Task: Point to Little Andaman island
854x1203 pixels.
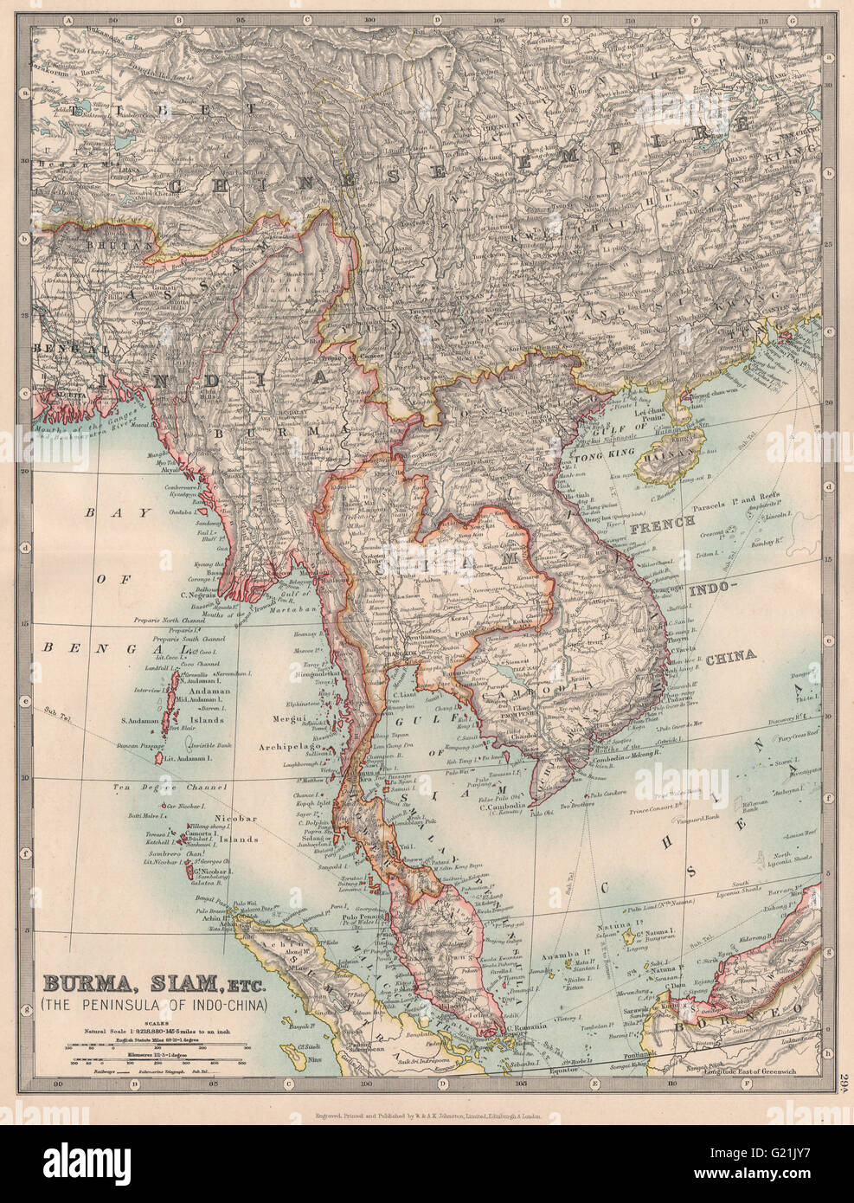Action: click(161, 757)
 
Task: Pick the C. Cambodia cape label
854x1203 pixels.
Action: click(502, 809)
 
